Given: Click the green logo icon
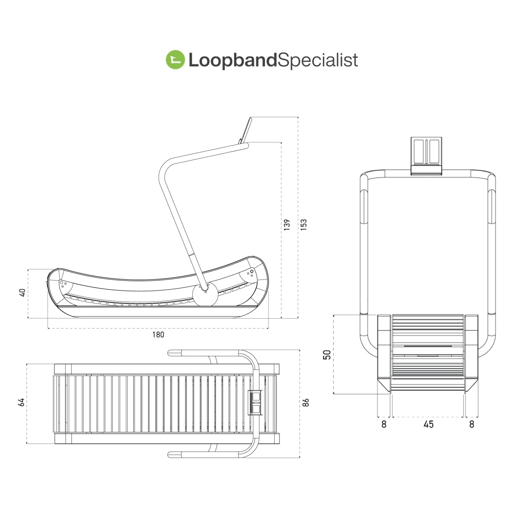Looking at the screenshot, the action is (x=175, y=60).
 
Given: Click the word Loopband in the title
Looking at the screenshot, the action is (x=233, y=61).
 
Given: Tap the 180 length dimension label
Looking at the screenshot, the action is (x=158, y=335).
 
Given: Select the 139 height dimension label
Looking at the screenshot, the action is (x=287, y=225).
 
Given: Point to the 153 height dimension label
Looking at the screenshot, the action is (x=304, y=225).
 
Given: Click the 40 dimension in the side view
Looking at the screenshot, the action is (x=22, y=292).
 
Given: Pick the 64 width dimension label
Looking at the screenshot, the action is (x=21, y=402).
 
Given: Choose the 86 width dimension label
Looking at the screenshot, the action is (x=306, y=402).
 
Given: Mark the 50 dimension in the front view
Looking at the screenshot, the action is (x=327, y=355).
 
